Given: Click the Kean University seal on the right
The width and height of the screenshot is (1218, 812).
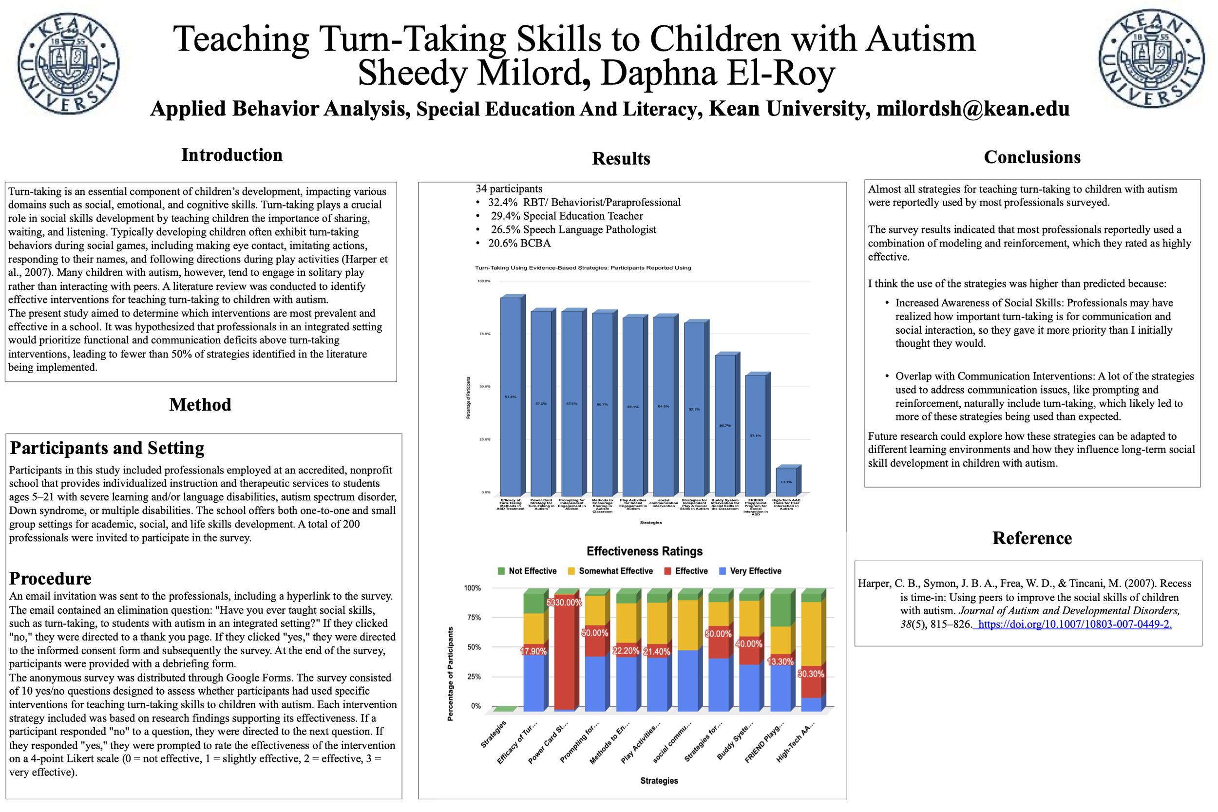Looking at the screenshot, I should tap(1151, 58).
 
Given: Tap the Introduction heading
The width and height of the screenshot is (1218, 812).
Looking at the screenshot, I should tap(231, 155).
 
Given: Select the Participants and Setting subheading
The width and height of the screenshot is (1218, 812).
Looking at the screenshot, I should tap(107, 448).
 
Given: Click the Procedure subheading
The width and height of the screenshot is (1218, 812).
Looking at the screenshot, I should tap(50, 579).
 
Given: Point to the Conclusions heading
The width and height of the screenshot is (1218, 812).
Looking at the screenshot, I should tap(1031, 157).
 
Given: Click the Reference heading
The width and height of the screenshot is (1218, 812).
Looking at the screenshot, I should tap(1031, 538).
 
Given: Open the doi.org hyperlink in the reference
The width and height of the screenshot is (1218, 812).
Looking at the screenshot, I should tap(1074, 624).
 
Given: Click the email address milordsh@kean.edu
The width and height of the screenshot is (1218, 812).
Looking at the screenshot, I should tap(972, 109).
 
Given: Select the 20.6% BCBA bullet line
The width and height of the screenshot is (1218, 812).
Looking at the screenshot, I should tap(519, 244).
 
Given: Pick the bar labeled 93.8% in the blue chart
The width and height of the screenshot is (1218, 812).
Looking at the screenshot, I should tap(511, 396).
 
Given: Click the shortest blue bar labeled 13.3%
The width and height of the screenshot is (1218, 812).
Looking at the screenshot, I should tap(786, 482).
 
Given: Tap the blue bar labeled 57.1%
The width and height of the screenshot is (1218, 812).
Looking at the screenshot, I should tap(756, 435).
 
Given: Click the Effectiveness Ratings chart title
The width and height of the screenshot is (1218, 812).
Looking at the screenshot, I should tap(644, 551).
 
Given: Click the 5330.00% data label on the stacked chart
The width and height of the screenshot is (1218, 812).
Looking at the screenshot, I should tap(564, 603).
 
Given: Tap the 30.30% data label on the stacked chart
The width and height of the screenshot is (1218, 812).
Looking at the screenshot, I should tap(810, 674).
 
